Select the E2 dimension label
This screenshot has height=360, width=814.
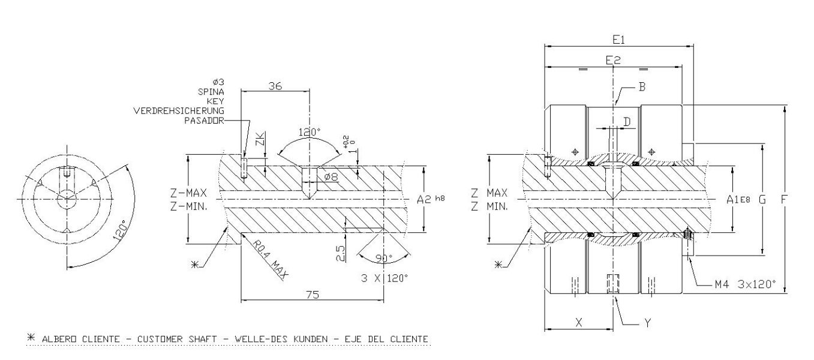point(612,60)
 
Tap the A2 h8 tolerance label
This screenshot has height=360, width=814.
point(431,199)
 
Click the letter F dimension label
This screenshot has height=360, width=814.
point(783,199)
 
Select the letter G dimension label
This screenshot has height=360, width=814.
point(762,199)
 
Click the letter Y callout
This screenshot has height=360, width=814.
point(647,322)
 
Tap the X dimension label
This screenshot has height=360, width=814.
point(578,322)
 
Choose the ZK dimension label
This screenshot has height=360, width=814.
point(260,142)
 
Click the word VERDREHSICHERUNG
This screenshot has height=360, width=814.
point(179,111)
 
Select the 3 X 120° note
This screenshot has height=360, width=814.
point(385,278)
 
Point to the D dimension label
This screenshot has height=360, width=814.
point(627,122)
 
